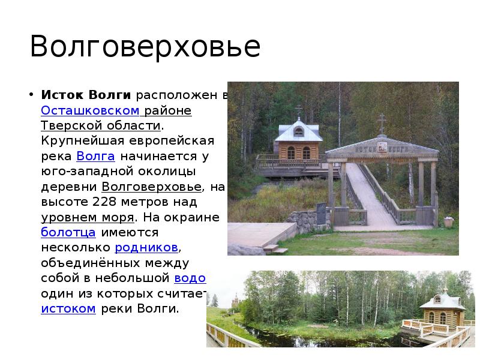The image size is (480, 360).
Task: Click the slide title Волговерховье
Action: pyautogui.click(x=145, y=47)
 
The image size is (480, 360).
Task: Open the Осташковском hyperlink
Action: pyautogui.click(x=90, y=110)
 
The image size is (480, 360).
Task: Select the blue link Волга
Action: pyautogui.click(x=95, y=156)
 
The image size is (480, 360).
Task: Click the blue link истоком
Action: pyautogui.click(x=68, y=308)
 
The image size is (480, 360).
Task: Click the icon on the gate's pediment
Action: pyautogui.click(x=380, y=145)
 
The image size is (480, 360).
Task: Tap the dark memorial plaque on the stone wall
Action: pyautogui.click(x=320, y=211)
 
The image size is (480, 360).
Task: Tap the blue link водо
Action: pyautogui.click(x=190, y=278)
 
